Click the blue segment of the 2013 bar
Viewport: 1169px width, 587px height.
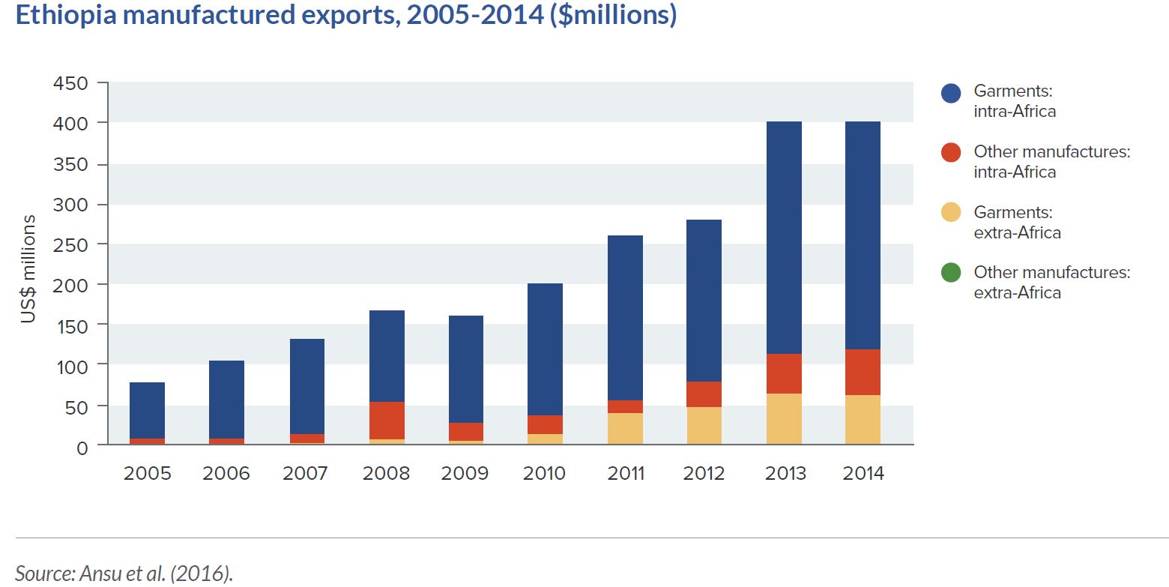click(784, 237)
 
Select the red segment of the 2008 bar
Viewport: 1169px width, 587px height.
click(387, 421)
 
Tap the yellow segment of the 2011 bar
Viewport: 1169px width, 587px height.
click(625, 428)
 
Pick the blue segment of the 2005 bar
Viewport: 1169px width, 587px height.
click(147, 410)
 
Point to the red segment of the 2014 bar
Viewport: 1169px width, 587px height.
click(863, 372)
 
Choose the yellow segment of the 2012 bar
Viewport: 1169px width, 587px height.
click(704, 425)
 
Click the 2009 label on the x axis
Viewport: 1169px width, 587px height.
click(465, 474)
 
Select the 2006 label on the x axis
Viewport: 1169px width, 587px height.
click(227, 474)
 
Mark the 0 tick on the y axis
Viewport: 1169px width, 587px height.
click(82, 447)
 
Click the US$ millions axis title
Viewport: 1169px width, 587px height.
click(28, 268)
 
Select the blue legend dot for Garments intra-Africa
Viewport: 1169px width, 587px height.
click(950, 93)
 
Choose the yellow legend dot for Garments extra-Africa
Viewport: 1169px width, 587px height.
click(950, 213)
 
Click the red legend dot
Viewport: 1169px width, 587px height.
click(950, 153)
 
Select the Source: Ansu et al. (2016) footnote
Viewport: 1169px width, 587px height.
click(124, 574)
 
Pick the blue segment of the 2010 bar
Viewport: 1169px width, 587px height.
click(546, 349)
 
